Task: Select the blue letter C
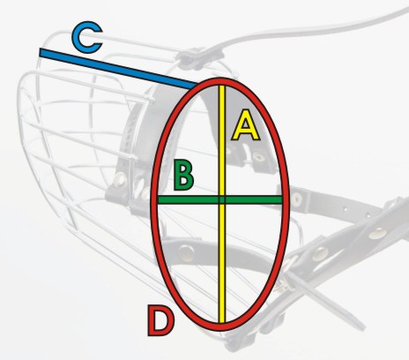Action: [x=87, y=37]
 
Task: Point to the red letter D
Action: [x=160, y=320]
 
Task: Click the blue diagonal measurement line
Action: [x=118, y=70]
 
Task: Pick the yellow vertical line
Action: [x=222, y=204]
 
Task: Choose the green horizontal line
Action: [x=220, y=200]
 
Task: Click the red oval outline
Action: [x=152, y=203]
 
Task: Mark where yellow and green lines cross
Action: [x=222, y=200]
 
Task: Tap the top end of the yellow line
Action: [x=222, y=86]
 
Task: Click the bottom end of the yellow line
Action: [x=222, y=322]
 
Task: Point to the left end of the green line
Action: [x=159, y=200]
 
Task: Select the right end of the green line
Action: [x=282, y=200]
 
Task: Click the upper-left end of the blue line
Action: [x=41, y=53]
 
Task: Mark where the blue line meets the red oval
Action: [x=195, y=86]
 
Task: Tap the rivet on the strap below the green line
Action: [x=187, y=252]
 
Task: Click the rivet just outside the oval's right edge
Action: [x=297, y=199]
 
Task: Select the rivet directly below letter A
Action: [x=258, y=157]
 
